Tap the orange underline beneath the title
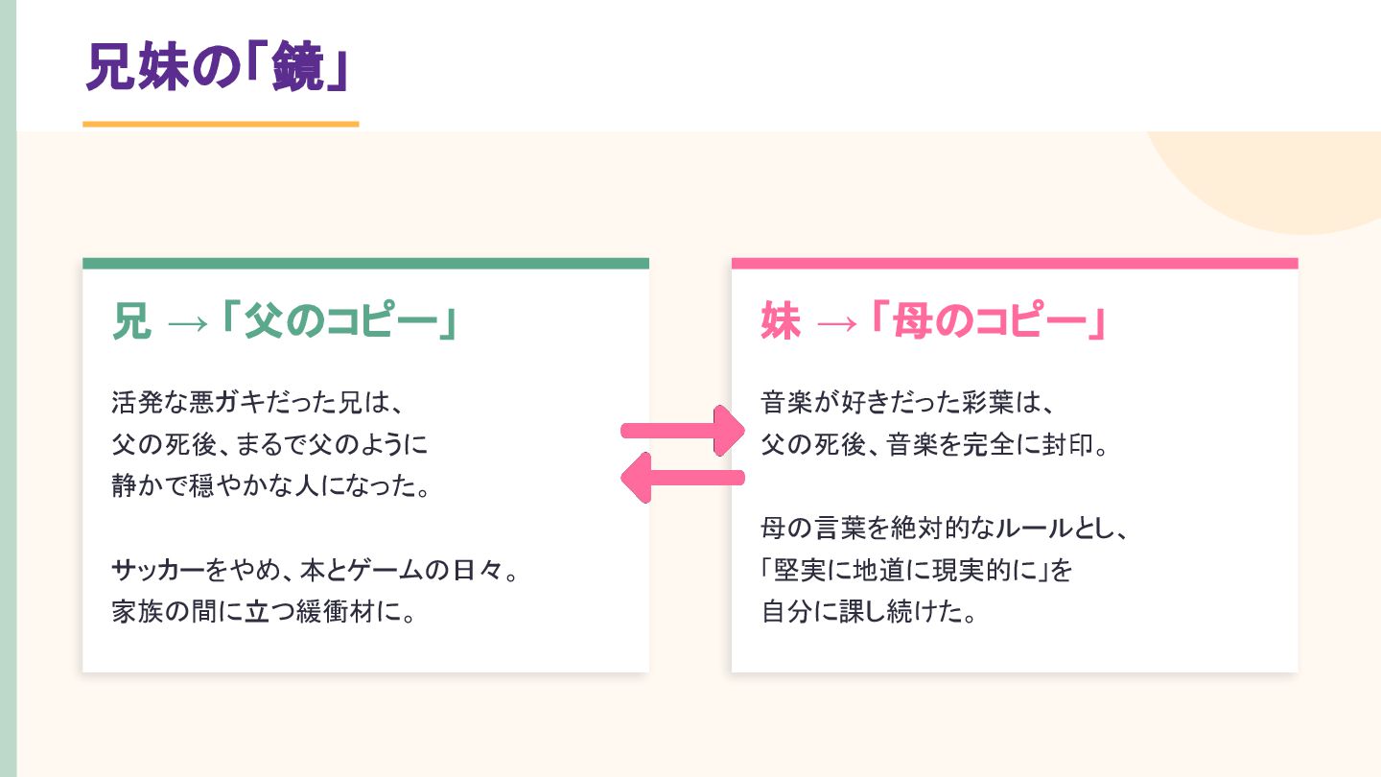click(221, 124)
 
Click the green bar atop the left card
click(365, 263)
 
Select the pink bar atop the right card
click(1014, 263)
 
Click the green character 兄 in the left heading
click(131, 321)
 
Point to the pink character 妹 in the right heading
click(780, 321)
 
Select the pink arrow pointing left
click(683, 477)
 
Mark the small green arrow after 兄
click(187, 323)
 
